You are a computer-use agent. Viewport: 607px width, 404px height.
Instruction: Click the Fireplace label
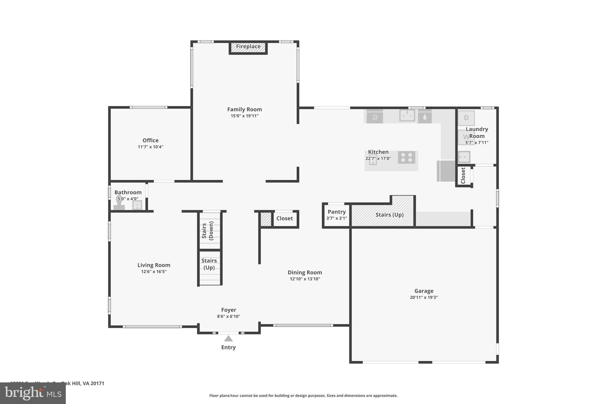[x=248, y=46]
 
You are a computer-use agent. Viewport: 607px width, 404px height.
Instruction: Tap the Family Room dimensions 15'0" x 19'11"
[x=245, y=116]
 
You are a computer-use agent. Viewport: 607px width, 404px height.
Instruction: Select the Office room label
[x=151, y=140]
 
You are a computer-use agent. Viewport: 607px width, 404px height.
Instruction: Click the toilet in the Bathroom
[x=119, y=203]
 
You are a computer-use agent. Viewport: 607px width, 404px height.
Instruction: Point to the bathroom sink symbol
[x=137, y=205]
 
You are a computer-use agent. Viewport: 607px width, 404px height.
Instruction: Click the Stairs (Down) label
[x=207, y=231]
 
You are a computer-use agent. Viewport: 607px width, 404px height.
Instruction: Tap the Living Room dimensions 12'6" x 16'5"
[x=154, y=272]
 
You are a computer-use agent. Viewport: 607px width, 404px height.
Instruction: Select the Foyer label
[x=229, y=310]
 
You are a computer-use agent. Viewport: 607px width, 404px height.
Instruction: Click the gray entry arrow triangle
[x=228, y=339]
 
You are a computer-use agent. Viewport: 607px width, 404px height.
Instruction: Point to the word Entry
[x=228, y=347]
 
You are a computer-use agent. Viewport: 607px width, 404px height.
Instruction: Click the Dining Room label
[x=305, y=272]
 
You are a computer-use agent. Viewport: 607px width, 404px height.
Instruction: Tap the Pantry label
[x=337, y=212]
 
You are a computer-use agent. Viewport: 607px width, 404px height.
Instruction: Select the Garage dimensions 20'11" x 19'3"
[x=424, y=297]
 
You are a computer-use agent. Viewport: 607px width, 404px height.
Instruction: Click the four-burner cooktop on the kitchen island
[x=407, y=157]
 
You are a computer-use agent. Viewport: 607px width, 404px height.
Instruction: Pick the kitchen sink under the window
[x=407, y=115]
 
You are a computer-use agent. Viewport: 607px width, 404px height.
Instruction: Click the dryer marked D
[x=466, y=118]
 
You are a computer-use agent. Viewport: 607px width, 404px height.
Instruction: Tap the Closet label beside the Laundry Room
[x=463, y=176]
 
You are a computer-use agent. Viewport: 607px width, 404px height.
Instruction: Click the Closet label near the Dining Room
[x=285, y=218]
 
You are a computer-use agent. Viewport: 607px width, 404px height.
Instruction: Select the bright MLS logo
[x=33, y=393]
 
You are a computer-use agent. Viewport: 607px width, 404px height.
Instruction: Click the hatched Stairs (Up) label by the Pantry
[x=389, y=215]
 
